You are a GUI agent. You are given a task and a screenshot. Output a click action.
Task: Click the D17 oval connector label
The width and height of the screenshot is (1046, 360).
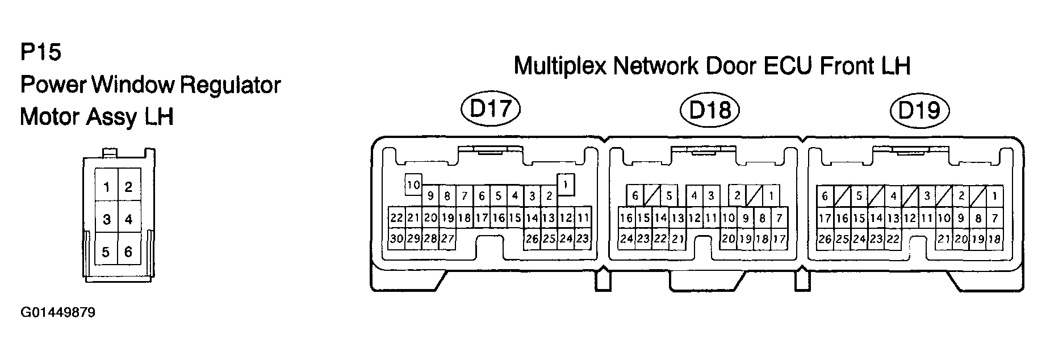click(x=492, y=110)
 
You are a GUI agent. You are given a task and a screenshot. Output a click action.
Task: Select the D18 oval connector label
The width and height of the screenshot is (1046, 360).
click(x=710, y=110)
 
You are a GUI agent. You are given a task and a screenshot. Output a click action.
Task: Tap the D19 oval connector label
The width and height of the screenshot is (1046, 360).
click(x=920, y=110)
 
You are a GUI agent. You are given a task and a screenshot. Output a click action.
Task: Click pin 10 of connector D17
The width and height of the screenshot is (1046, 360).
click(x=413, y=185)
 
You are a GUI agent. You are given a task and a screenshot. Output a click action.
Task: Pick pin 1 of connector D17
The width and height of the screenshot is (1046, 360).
click(x=566, y=184)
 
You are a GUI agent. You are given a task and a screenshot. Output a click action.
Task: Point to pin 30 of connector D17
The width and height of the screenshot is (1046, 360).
click(x=396, y=239)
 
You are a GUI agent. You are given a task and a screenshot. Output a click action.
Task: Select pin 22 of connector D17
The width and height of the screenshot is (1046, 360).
click(x=396, y=218)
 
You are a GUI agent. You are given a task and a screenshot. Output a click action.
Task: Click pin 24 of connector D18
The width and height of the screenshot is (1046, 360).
click(x=626, y=239)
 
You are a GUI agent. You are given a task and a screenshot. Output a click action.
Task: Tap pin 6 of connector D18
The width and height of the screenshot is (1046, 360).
click(x=635, y=196)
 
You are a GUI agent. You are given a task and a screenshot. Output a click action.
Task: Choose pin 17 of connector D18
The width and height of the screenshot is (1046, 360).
click(x=779, y=239)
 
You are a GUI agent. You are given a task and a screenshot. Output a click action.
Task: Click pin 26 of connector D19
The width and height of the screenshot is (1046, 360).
click(x=825, y=239)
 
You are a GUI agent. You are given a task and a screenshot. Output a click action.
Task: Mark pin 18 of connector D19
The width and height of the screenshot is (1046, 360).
click(x=994, y=239)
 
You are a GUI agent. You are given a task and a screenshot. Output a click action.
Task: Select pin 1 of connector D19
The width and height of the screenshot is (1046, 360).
click(x=994, y=196)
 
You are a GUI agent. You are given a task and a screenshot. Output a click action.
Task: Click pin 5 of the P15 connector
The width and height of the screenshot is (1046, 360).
click(x=106, y=252)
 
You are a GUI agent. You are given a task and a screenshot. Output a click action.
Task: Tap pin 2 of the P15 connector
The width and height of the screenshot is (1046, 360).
click(x=128, y=187)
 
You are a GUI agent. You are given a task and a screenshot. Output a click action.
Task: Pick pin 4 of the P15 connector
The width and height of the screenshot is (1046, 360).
click(x=128, y=219)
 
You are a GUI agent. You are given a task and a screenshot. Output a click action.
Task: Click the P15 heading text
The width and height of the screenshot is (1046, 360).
click(x=40, y=53)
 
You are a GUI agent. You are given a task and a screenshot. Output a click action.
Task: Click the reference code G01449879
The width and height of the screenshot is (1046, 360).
click(x=58, y=313)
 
